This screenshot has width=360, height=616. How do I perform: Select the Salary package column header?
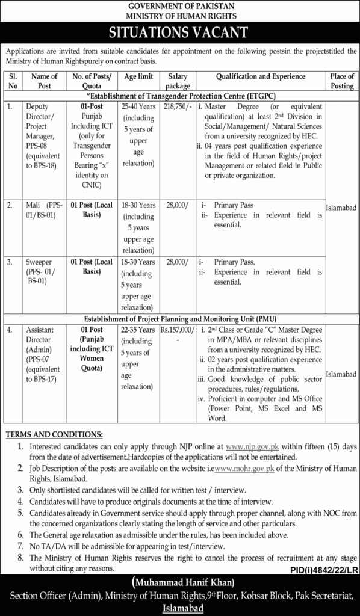click(x=178, y=81)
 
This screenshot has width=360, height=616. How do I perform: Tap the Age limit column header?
click(x=139, y=77)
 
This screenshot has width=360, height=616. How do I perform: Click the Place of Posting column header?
click(x=342, y=81)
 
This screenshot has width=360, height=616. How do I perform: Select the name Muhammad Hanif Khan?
click(x=180, y=582)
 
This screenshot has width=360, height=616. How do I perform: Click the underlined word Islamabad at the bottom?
click(x=180, y=608)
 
